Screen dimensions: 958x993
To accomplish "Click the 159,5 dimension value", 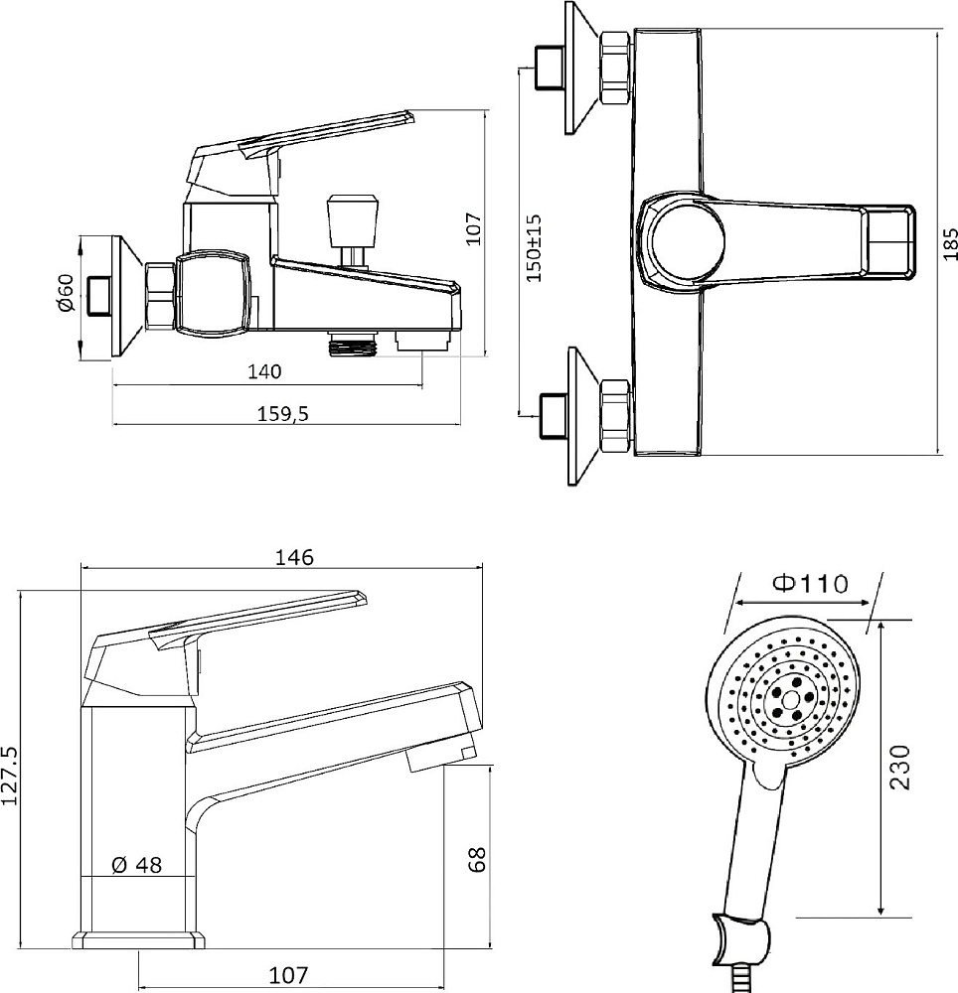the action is (282, 413).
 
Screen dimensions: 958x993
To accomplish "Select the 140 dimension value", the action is (264, 371).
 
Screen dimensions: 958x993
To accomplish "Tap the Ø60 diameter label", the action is (66, 293).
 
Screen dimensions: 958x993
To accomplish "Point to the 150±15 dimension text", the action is (534, 247).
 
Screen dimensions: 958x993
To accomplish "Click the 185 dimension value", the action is (950, 243).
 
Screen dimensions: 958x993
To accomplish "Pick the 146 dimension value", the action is (294, 557).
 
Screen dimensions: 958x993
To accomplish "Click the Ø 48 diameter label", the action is (137, 865).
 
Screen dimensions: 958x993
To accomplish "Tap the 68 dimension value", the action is (477, 859).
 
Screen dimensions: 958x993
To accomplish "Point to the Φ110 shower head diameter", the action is (810, 583).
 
